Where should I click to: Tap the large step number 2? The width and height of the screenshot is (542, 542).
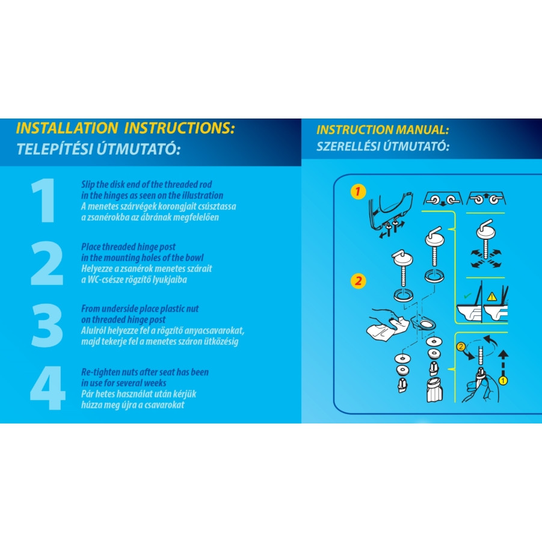pos(47,263)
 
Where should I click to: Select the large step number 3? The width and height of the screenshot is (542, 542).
pos(47,325)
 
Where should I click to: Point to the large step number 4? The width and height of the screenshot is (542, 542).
pos(48,388)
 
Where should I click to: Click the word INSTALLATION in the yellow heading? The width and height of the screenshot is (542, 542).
pos(67,128)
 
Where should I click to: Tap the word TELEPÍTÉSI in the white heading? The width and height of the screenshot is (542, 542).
pos(54,149)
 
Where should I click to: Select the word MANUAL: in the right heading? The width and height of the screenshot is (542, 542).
pos(422,130)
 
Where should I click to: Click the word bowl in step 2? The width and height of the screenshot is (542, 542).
pos(194,257)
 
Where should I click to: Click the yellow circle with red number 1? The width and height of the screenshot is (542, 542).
pos(358,191)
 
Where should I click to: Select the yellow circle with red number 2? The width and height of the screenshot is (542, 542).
pos(358,281)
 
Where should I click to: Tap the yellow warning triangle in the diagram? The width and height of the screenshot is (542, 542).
pos(491,297)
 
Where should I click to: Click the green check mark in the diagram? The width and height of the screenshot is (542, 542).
pos(467,296)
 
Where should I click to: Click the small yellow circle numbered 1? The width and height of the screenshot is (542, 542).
pos(504,381)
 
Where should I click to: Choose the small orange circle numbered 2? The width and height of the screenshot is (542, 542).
pos(461,346)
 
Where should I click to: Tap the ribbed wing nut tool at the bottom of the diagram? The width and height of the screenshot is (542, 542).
pos(435,390)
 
